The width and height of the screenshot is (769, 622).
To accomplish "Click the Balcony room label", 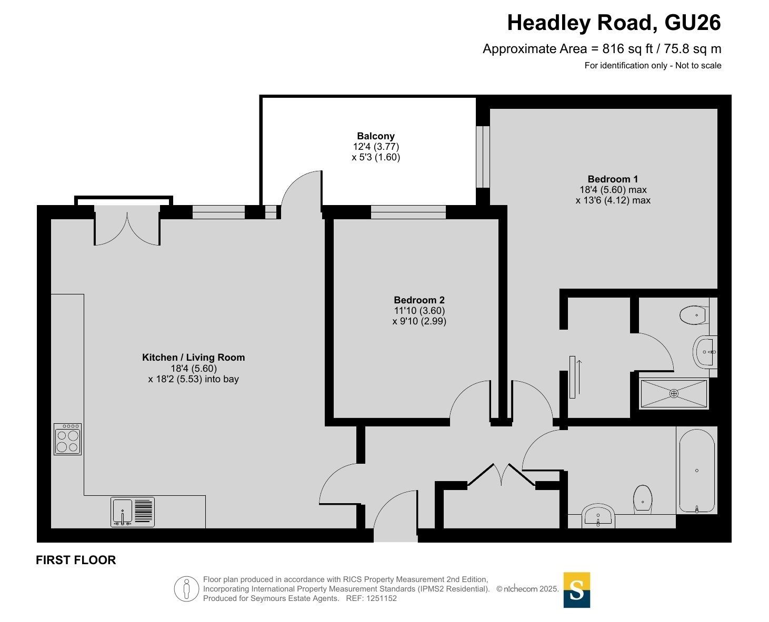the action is (x=375, y=136).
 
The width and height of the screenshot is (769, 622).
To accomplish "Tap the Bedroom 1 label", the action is (x=613, y=179).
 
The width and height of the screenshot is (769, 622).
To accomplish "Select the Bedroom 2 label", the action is (x=419, y=300).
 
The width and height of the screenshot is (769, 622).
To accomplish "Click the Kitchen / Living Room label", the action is (x=194, y=358).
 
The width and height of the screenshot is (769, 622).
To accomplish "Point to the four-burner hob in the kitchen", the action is (x=67, y=439).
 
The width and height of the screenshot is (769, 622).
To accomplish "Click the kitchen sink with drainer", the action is (x=133, y=512).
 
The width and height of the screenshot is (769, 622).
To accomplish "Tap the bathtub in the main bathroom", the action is (x=696, y=471).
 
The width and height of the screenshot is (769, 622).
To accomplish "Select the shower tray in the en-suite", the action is (x=674, y=393).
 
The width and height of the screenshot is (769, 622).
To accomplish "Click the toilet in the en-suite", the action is (x=694, y=315).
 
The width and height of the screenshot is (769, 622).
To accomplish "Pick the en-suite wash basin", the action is (x=705, y=352).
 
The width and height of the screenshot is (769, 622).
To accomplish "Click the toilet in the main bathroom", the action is (x=643, y=499).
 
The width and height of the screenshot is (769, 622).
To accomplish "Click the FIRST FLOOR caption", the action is (x=76, y=560).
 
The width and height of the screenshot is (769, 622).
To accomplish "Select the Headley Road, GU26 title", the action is (x=614, y=23).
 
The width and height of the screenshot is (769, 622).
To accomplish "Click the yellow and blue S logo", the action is (x=576, y=590).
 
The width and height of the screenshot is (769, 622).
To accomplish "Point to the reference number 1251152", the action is (x=381, y=598).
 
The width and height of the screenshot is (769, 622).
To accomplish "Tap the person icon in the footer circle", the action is (x=187, y=589).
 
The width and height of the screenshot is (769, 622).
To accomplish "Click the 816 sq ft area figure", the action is (x=627, y=49).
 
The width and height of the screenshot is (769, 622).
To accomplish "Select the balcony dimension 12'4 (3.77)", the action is (x=376, y=147).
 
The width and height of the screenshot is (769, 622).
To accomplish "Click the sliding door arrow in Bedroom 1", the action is (x=579, y=376).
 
